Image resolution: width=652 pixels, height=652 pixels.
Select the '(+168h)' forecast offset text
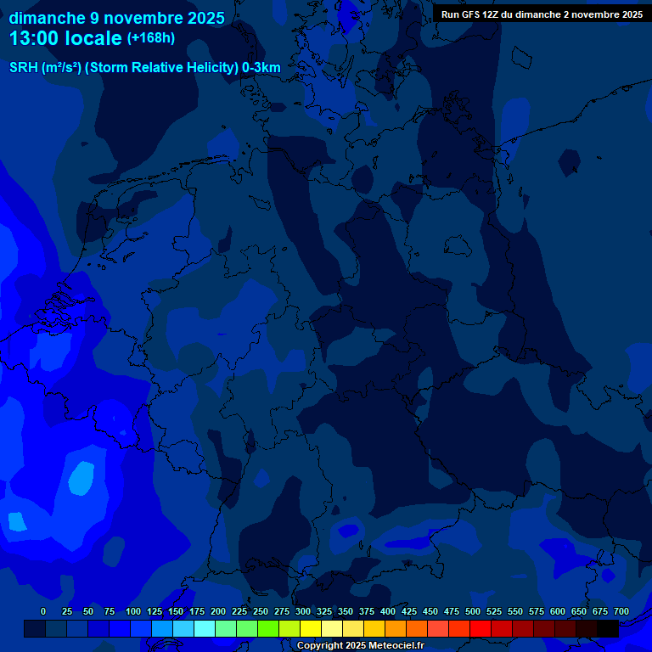[x=151, y=38]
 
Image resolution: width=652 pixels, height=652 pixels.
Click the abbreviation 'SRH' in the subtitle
[x=23, y=68]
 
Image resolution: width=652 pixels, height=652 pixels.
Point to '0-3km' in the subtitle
[x=261, y=68]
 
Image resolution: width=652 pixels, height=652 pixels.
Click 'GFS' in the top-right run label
[x=475, y=14]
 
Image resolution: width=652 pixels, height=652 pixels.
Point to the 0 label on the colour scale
[x=43, y=611]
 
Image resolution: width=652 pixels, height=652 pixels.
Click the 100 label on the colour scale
[x=133, y=611]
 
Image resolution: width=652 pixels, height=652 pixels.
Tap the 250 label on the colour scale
[x=261, y=611]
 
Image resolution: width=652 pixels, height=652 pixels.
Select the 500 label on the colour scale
[x=473, y=611]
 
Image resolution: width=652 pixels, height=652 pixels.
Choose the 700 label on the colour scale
[x=621, y=611]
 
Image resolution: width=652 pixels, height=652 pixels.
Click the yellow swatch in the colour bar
[x=311, y=629]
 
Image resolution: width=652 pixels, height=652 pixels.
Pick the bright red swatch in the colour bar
[x=481, y=629]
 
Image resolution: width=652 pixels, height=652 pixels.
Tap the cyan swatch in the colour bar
[x=205, y=629]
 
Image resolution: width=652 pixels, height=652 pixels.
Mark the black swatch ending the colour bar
[x=608, y=629]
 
